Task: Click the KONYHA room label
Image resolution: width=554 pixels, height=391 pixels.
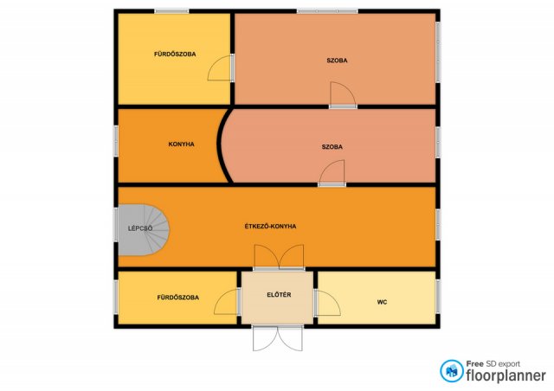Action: (x=181, y=144)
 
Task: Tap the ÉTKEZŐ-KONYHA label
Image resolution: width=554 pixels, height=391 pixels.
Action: (x=270, y=226)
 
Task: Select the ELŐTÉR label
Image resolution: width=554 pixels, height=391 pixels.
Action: (x=279, y=295)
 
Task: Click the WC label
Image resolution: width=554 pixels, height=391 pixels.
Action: (x=382, y=302)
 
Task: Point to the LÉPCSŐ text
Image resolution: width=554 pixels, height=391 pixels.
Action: (x=140, y=228)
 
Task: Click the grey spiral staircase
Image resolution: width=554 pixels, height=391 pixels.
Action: (x=144, y=230)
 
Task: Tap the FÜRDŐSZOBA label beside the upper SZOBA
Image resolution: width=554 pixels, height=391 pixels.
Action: (x=175, y=54)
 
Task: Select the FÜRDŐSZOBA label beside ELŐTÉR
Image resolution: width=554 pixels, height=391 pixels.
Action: (x=178, y=298)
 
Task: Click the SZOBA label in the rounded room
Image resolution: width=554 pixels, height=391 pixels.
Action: (x=332, y=146)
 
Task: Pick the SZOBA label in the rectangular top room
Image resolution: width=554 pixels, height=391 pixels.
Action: (x=337, y=61)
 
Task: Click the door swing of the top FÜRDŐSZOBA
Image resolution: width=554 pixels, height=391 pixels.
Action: (x=220, y=68)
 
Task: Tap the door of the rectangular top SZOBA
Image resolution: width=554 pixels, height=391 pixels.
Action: (x=343, y=94)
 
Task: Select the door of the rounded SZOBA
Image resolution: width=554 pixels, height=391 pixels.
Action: (x=332, y=172)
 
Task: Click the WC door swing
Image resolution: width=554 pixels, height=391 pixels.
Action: (x=328, y=303)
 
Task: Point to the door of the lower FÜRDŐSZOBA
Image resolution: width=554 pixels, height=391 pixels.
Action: (x=227, y=302)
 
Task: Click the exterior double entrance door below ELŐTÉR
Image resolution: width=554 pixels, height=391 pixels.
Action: (x=278, y=338)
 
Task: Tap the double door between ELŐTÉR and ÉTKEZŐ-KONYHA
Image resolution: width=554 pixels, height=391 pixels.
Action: (x=279, y=257)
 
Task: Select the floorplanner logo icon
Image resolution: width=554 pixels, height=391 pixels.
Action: (x=452, y=371)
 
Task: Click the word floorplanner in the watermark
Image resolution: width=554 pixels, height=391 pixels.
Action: (x=506, y=375)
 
